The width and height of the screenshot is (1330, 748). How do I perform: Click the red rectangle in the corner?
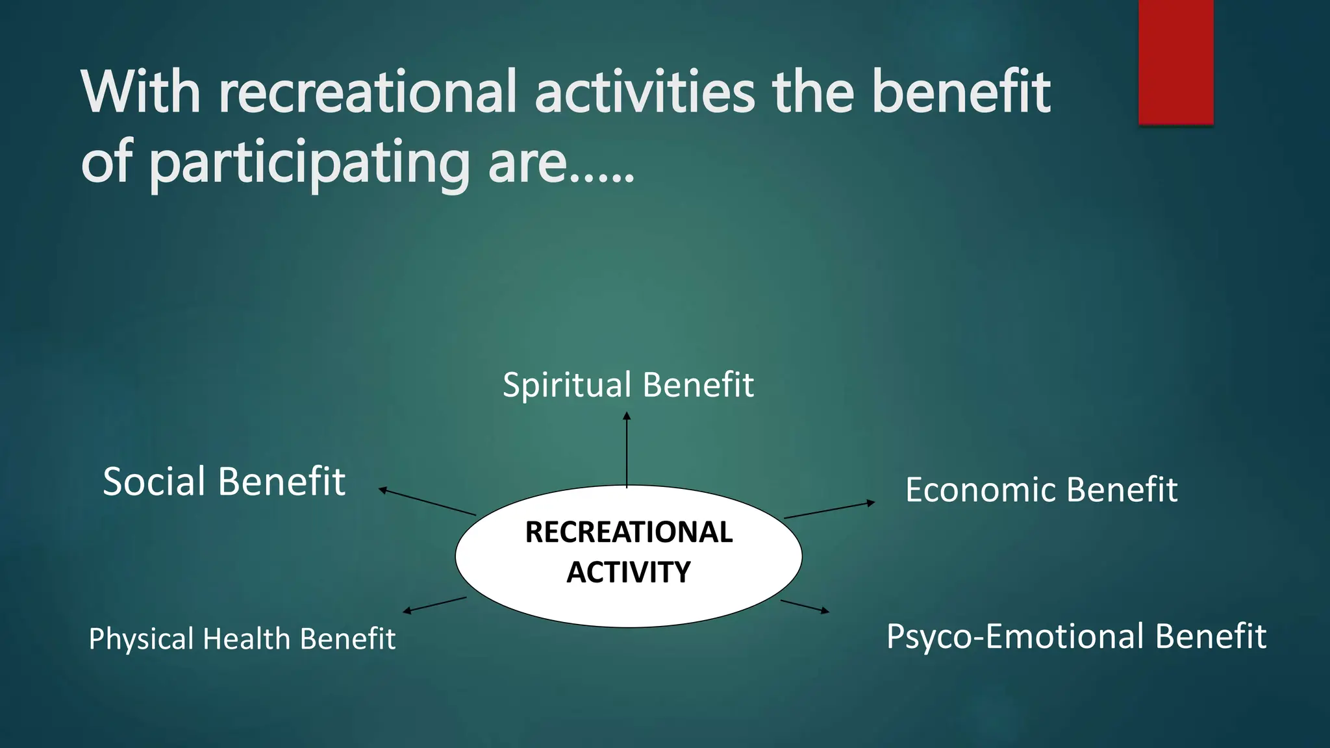click(1175, 62)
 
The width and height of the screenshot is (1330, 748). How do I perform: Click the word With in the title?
click(140, 92)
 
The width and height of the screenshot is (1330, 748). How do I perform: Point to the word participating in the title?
click(308, 163)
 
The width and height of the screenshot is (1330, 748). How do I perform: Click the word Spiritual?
click(558, 385)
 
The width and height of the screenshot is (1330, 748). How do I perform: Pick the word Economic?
click(981, 490)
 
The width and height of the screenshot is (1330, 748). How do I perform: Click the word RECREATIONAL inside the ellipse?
click(629, 532)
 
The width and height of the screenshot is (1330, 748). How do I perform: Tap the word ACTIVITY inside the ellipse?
click(629, 572)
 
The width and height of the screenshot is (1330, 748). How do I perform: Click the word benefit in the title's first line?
click(960, 92)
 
